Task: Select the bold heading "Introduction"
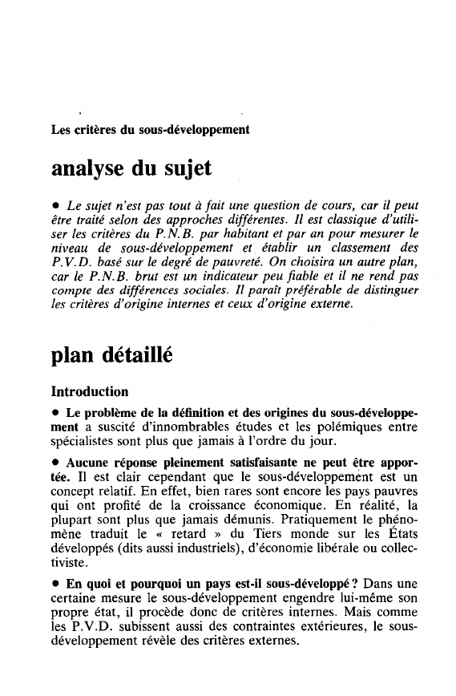(89, 392)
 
